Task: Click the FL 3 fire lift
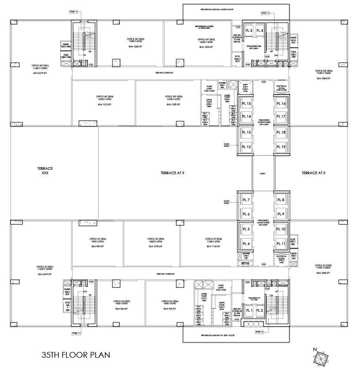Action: (249, 31)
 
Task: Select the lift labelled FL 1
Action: (249, 310)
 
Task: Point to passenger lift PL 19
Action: (281, 146)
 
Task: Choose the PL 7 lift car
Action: (246, 200)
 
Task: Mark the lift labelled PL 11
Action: (281, 244)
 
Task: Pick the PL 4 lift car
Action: (246, 244)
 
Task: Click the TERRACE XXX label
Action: (45, 171)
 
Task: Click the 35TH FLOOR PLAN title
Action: (73, 354)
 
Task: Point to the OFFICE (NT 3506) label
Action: (105, 97)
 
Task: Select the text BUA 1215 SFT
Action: (105, 105)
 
